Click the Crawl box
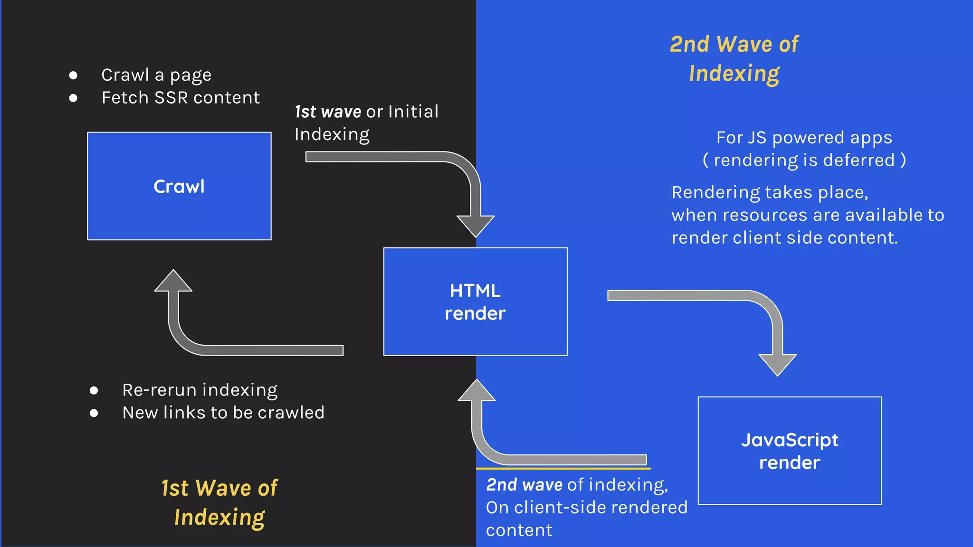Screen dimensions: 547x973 tap(179, 186)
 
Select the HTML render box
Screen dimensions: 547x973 tap(475, 302)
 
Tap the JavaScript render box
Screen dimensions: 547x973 tap(790, 451)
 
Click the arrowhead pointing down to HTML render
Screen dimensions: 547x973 tap(476, 225)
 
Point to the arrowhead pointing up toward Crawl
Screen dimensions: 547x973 tap(173, 282)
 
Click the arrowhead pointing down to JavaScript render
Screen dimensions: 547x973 tap(777, 364)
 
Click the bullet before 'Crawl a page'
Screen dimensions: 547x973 tap(73, 75)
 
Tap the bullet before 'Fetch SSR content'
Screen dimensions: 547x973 tap(73, 98)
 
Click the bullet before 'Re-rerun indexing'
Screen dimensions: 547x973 tap(94, 390)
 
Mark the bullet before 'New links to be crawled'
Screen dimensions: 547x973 tap(94, 413)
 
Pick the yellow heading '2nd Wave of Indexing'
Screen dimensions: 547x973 tap(734, 59)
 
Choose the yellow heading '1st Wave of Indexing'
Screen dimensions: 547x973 tap(219, 502)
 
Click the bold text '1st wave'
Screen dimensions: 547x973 tap(328, 112)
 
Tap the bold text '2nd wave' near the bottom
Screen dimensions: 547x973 tap(524, 485)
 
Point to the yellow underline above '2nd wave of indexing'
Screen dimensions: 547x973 tap(563, 469)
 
